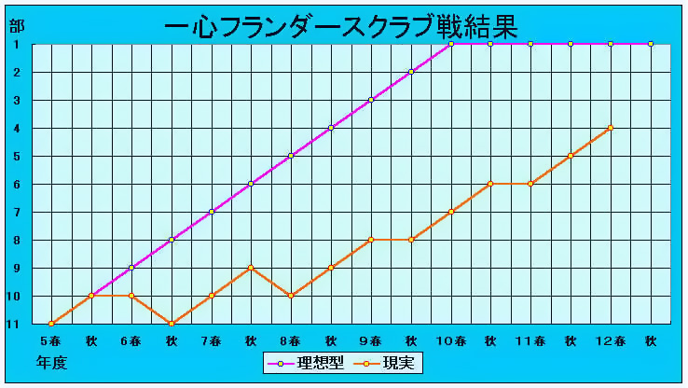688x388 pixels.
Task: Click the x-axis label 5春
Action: pos(51,340)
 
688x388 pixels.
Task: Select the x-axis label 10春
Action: pos(450,340)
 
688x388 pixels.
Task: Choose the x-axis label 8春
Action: pos(291,340)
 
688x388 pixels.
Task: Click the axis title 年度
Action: pos(52,362)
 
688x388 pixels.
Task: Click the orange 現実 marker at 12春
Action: pos(611,128)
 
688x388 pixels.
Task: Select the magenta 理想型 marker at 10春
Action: pos(450,44)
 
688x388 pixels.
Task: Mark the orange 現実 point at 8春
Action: pos(291,296)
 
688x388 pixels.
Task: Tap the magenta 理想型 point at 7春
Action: pos(212,212)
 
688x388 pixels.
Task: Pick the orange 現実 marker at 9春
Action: pos(371,240)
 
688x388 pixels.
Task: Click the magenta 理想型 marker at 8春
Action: pos(291,156)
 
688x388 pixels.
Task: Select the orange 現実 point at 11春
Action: pos(530,184)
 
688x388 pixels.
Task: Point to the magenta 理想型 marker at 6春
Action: pos(131,268)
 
